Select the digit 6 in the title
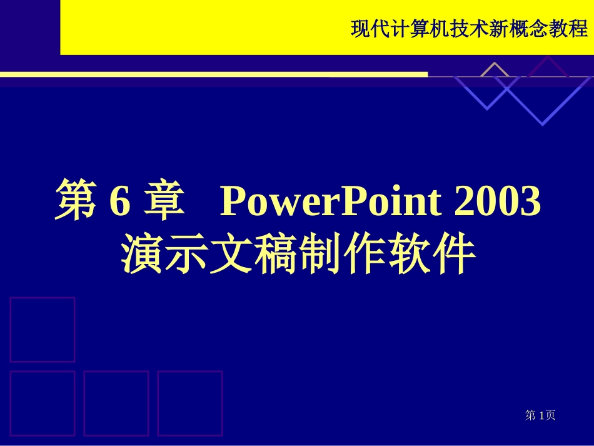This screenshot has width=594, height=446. click(119, 202)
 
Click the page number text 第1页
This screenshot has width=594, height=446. click(540, 415)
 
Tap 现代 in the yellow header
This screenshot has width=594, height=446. click(371, 29)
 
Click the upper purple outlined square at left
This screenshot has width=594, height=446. click(42, 329)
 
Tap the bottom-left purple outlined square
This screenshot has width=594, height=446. click(42, 403)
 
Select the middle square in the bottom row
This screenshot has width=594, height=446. click(116, 403)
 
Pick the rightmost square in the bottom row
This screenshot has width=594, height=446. click(189, 403)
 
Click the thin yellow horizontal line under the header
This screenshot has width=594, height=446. click(213, 74)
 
